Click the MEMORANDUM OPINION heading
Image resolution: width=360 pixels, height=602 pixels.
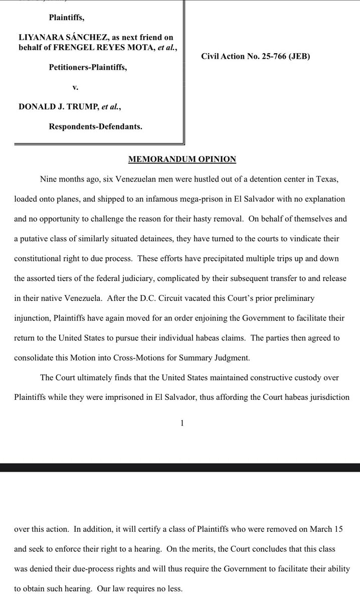(x=182, y=160)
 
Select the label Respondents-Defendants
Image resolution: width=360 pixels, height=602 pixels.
(x=95, y=127)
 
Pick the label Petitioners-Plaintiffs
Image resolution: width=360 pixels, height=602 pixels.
(x=88, y=67)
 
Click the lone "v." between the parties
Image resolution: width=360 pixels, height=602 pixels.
(x=76, y=87)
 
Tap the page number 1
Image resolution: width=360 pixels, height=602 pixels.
(x=182, y=423)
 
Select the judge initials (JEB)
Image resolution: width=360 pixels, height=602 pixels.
(x=298, y=57)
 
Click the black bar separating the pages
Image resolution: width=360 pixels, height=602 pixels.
(x=180, y=468)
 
